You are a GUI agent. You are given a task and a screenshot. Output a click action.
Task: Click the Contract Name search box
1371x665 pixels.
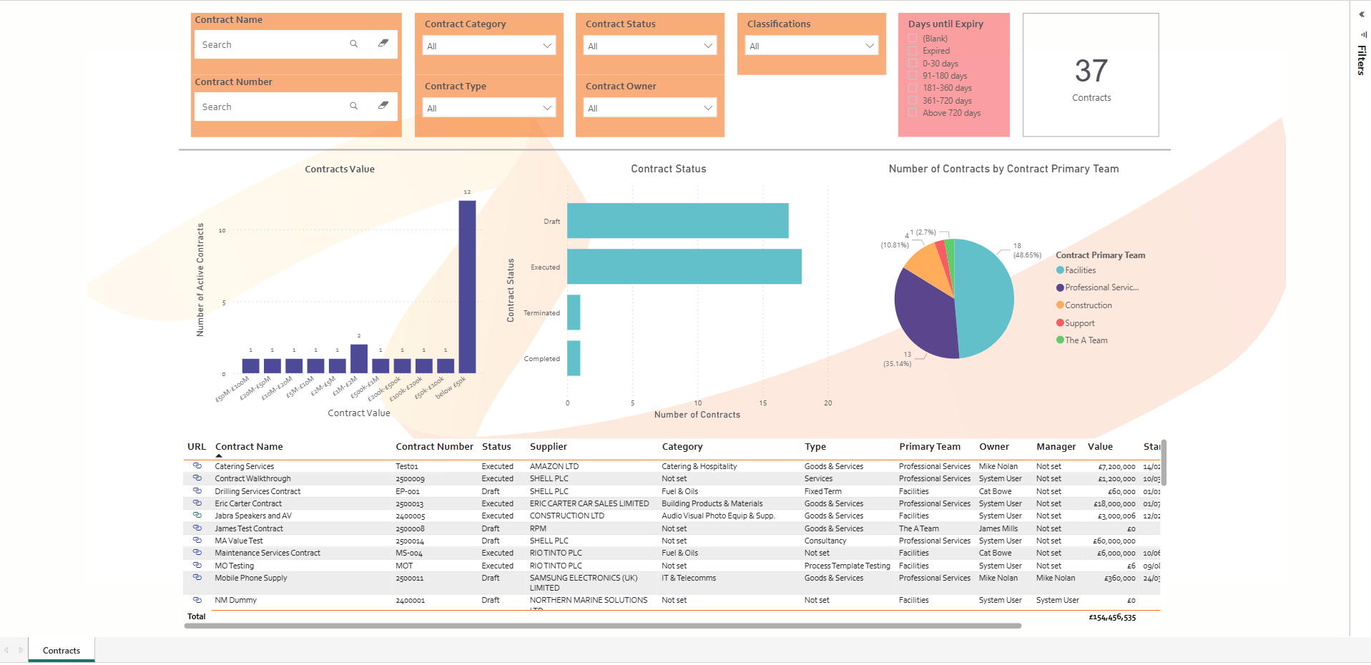(272, 44)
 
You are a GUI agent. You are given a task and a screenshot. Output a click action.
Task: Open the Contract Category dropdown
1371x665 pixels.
(489, 46)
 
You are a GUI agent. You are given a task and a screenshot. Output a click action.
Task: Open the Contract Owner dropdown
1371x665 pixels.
(649, 108)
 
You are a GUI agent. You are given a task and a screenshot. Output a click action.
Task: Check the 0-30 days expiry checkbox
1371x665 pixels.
(913, 64)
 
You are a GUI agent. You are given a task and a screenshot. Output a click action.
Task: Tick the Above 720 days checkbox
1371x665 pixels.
(913, 113)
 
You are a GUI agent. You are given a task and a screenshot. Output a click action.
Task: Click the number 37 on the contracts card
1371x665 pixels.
(1091, 71)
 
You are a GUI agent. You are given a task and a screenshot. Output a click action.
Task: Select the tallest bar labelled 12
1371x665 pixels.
(467, 286)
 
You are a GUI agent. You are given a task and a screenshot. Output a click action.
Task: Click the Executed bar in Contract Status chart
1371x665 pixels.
(684, 267)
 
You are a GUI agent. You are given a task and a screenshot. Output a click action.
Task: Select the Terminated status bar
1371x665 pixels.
(574, 312)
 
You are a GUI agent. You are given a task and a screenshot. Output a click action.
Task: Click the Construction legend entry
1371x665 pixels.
(1088, 305)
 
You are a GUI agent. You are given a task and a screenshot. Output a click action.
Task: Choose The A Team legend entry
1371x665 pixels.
(1086, 340)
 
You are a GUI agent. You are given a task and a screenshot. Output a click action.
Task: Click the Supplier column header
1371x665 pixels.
(548, 447)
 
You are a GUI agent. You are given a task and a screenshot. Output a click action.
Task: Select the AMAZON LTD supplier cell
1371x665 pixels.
(554, 466)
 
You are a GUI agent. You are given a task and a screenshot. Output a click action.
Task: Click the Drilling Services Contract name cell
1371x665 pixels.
(257, 491)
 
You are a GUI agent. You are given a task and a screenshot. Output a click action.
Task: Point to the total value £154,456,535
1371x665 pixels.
(1112, 617)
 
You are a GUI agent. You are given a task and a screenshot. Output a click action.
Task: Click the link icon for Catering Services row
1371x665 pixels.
(197, 465)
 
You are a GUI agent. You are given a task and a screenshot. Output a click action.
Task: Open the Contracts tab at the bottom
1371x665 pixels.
(62, 651)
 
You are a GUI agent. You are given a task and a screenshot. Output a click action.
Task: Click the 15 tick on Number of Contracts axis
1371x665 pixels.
(763, 403)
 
